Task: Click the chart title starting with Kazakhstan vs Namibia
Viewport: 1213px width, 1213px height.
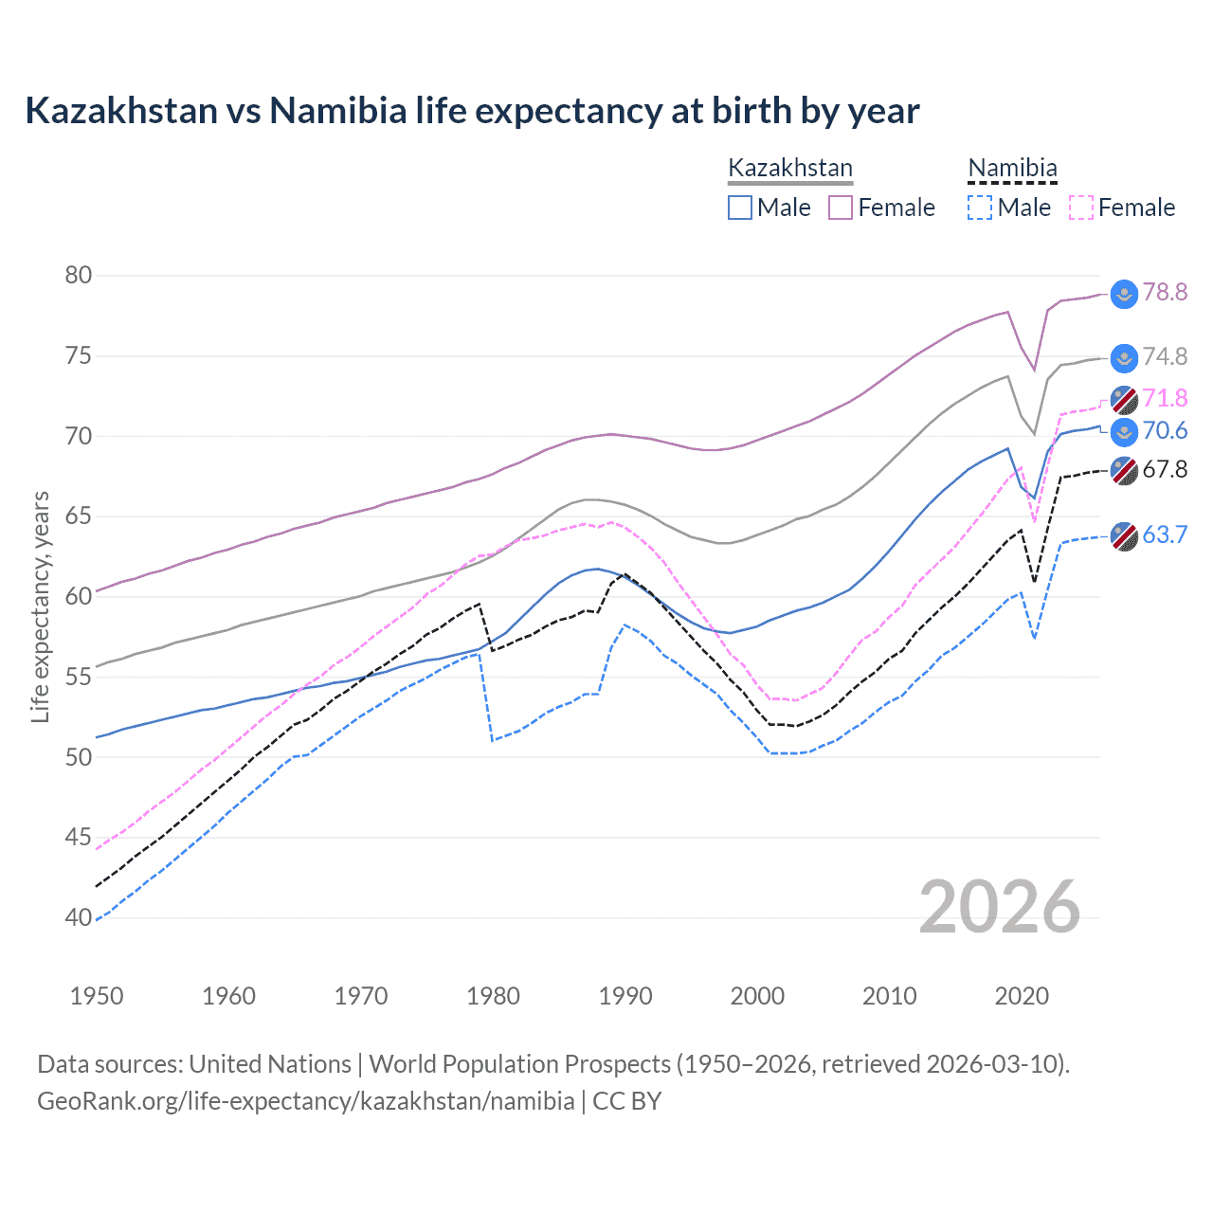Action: click(472, 111)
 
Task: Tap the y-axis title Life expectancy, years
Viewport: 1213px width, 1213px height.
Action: click(40, 606)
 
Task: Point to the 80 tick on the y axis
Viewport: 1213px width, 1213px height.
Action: click(79, 276)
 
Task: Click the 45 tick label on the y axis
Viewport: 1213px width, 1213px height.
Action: click(79, 838)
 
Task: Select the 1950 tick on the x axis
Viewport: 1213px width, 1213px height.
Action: click(97, 996)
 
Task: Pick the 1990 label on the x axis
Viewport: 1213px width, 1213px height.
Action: click(625, 996)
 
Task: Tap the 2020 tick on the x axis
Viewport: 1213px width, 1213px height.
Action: click(1022, 996)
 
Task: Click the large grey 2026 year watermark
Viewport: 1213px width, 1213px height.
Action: click(999, 907)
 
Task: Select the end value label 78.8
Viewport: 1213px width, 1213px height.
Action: click(1165, 292)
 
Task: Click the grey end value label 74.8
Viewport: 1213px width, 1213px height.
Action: click(1165, 356)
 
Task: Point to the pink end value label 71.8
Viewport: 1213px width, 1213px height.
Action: click(1165, 398)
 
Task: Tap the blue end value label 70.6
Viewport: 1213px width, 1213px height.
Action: click(1165, 431)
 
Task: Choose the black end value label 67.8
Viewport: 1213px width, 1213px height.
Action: click(1165, 469)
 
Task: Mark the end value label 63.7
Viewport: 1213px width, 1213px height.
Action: click(1165, 534)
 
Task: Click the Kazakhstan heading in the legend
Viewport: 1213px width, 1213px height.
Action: click(790, 169)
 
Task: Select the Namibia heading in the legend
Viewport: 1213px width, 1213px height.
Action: click(1012, 169)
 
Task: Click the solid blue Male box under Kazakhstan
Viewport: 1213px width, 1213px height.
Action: click(740, 208)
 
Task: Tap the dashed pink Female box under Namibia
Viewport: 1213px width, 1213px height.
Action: click(1081, 208)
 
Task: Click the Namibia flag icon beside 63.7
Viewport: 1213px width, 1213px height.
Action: click(1124, 536)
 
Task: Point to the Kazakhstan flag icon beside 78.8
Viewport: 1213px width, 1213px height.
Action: click(1124, 294)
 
